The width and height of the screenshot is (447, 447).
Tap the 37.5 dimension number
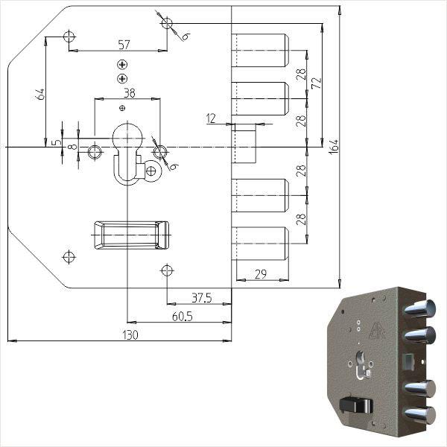tap(201, 298)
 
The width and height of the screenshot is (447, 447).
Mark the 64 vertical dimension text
tap(40, 94)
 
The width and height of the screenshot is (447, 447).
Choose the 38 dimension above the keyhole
tap(129, 93)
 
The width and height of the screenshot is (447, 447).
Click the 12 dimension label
tap(211, 118)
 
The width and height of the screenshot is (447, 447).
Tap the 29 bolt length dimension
tap(261, 274)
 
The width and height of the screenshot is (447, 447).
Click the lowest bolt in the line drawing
tap(260, 242)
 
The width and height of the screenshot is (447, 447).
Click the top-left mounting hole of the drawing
tap(69, 36)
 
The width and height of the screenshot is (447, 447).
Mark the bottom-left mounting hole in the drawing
tap(69, 257)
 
